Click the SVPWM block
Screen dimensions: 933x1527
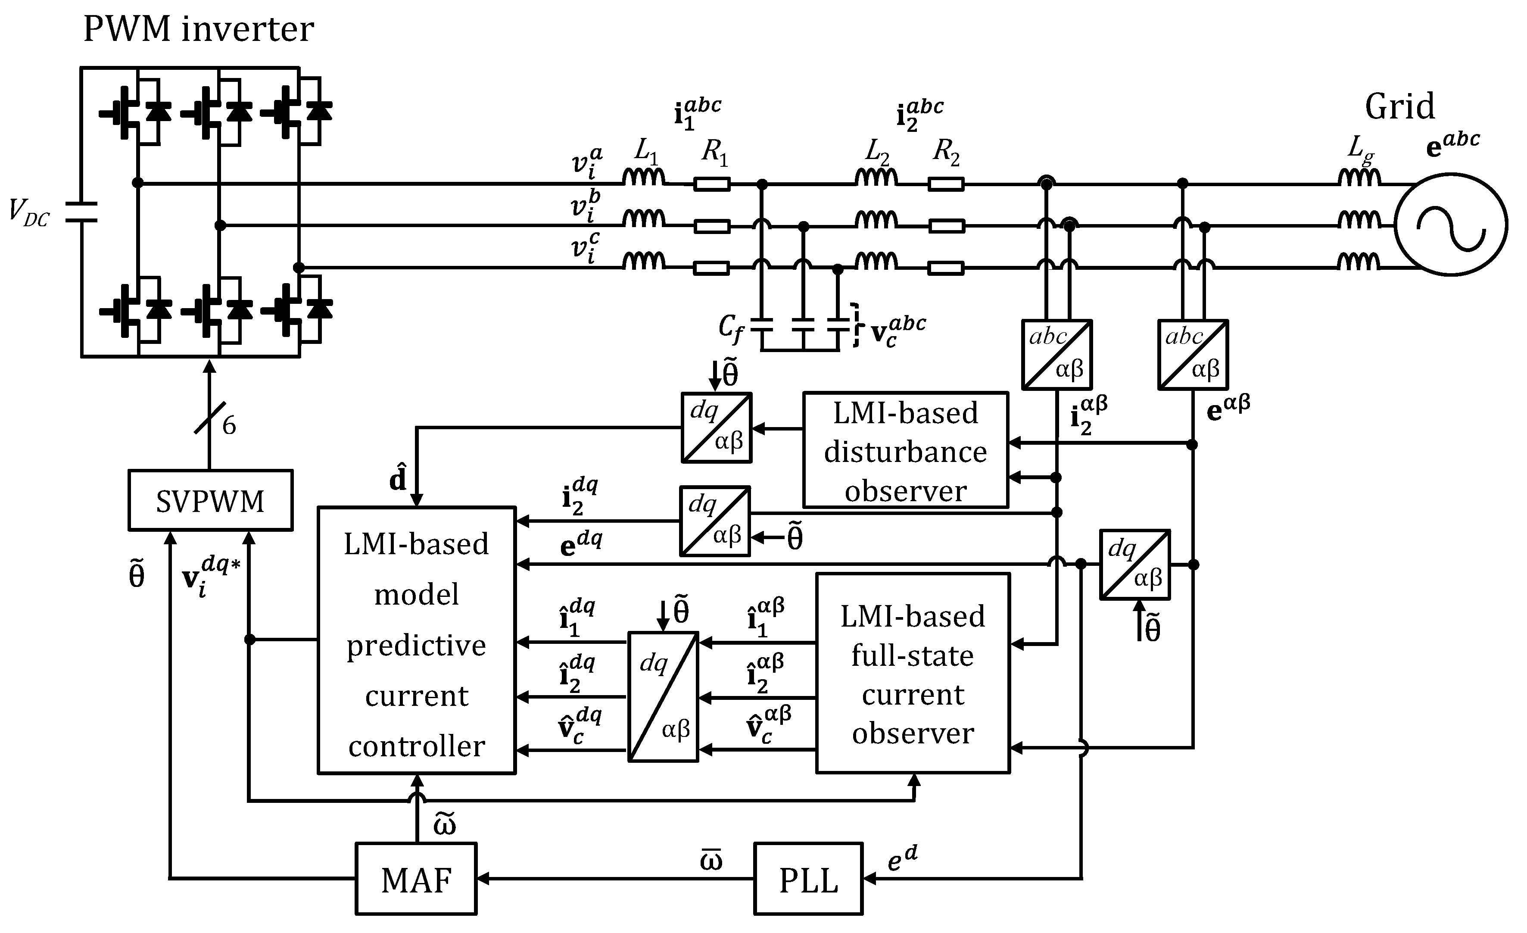(210, 500)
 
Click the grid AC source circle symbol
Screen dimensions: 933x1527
(1451, 225)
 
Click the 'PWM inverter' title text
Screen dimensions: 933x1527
(198, 29)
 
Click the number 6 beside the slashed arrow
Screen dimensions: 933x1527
(229, 426)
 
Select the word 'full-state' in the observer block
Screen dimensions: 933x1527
(912, 656)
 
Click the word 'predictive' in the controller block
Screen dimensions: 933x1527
(416, 646)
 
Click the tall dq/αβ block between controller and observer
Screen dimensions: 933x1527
(663, 696)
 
